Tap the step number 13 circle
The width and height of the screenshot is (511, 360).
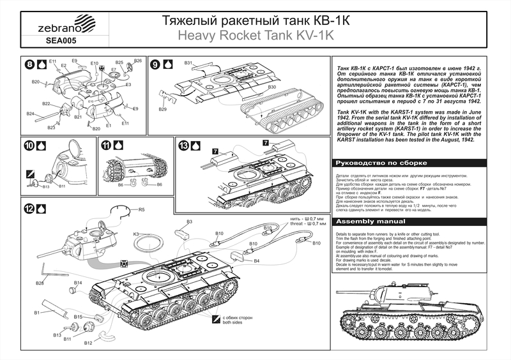pos(183,146)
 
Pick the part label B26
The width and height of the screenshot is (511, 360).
pos(137,61)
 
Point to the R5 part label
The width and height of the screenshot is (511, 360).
pos(142,209)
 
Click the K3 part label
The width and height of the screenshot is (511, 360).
pos(137,234)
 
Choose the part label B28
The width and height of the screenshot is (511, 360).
pos(40,283)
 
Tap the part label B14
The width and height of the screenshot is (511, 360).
pos(78,282)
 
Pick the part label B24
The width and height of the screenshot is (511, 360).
pos(30,114)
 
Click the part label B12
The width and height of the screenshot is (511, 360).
pos(88,343)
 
